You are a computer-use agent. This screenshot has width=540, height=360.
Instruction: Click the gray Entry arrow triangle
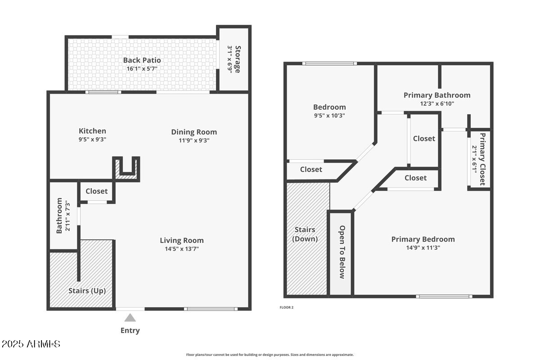130,318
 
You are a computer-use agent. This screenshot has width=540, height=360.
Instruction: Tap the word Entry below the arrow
130,331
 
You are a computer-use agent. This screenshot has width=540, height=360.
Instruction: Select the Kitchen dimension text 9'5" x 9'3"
92,139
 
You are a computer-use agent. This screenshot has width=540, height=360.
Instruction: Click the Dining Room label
194,132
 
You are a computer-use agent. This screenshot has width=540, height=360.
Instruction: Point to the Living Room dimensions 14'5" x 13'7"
182,249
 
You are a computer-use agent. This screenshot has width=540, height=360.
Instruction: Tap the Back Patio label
142,60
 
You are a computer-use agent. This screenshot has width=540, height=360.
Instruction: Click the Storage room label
238,59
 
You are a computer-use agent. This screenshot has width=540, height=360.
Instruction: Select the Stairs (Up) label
87,291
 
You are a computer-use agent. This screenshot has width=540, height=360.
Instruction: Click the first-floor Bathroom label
59,216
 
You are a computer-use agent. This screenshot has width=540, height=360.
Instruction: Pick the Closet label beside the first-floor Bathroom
97,191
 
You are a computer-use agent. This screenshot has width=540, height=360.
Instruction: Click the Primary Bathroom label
437,95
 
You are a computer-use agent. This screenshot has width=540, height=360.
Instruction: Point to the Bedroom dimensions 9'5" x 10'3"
329,116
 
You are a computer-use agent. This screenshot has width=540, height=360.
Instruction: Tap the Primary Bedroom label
423,239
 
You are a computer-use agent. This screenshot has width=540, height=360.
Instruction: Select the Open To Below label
342,252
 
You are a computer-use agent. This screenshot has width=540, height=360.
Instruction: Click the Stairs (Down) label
305,234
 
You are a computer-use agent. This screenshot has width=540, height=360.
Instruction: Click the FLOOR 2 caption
286,307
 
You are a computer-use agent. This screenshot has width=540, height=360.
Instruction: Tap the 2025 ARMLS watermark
31,344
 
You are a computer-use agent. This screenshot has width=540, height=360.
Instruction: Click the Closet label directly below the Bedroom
311,170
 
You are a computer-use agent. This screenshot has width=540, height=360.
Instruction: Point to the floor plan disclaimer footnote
270,355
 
